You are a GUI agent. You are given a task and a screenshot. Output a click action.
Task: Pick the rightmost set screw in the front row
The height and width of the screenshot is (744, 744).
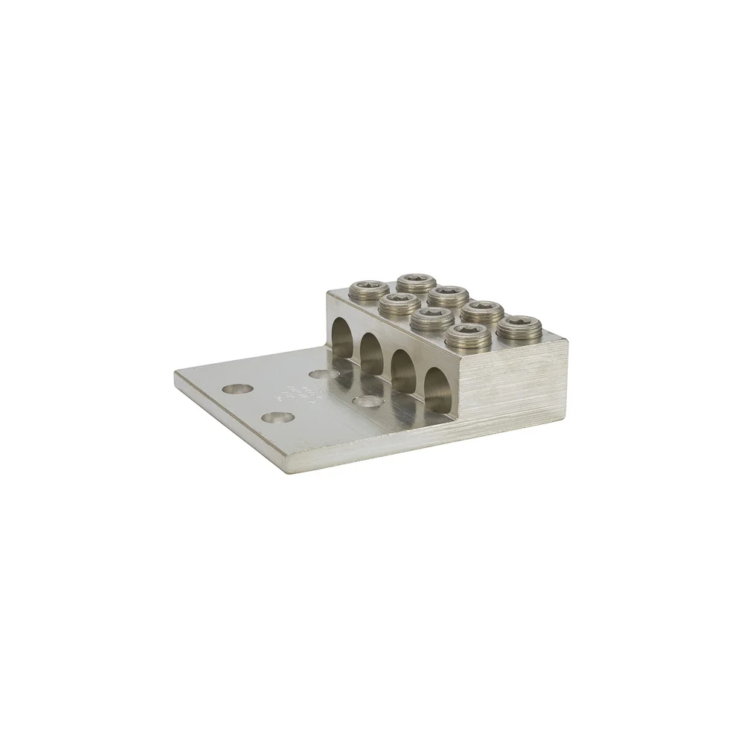pos(463,334)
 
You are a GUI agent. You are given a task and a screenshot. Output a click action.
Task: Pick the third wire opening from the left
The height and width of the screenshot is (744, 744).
pos(403,366)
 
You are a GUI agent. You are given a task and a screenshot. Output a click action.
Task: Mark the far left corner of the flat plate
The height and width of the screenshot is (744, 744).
pos(176,373)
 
